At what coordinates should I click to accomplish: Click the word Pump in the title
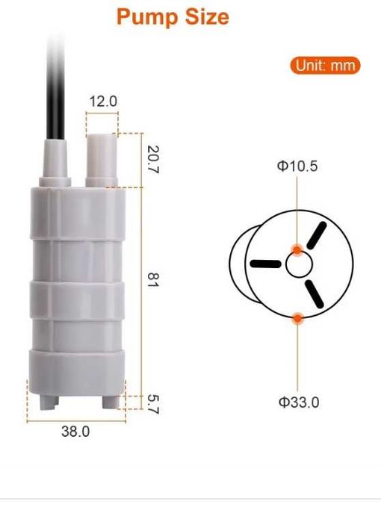(x=147, y=17)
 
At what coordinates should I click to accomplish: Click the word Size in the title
(x=207, y=16)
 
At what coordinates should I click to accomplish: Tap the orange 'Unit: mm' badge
(x=325, y=65)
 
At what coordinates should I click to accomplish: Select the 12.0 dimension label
(x=103, y=102)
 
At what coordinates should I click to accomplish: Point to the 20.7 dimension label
(x=153, y=160)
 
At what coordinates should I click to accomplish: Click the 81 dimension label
(x=153, y=279)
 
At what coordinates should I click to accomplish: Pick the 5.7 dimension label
(x=153, y=404)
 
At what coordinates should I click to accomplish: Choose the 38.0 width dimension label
(x=75, y=432)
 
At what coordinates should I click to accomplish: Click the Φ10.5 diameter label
(x=297, y=166)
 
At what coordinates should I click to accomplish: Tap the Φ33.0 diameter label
(x=299, y=403)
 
